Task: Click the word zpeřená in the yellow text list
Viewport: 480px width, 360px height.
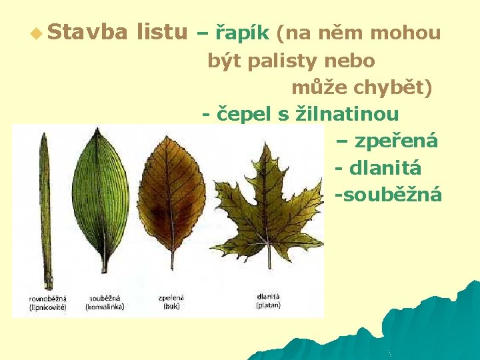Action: (x=396, y=141)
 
